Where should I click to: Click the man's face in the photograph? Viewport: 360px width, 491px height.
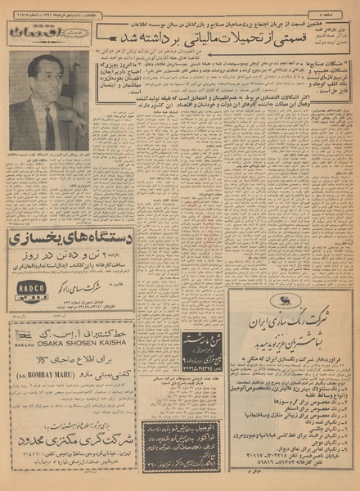pos(47,88)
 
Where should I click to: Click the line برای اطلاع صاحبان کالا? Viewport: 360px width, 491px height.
pos(81,361)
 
